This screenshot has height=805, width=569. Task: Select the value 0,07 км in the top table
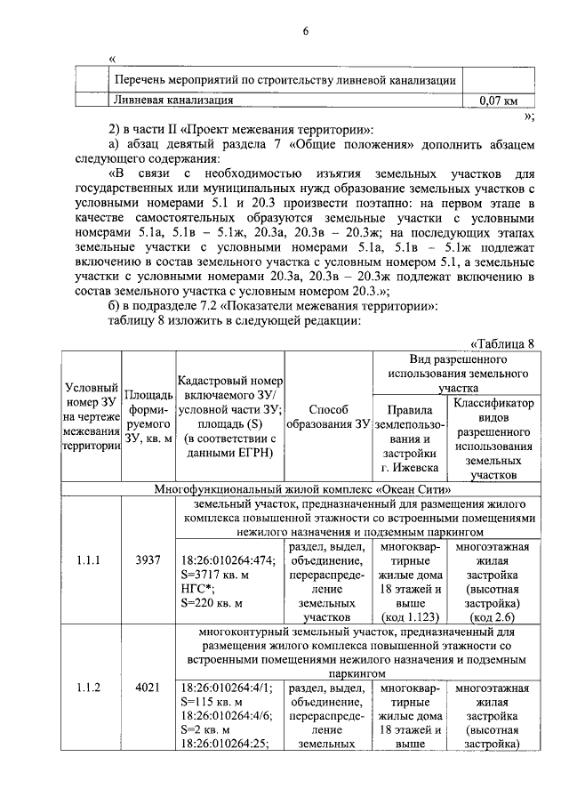tap(498, 101)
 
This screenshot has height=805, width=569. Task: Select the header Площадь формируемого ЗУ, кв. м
tap(148, 416)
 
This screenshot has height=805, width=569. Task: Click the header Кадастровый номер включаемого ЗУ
tap(229, 416)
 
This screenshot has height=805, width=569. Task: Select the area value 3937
tap(147, 561)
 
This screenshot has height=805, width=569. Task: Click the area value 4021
tap(147, 688)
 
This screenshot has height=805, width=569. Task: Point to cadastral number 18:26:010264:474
tap(228, 561)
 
